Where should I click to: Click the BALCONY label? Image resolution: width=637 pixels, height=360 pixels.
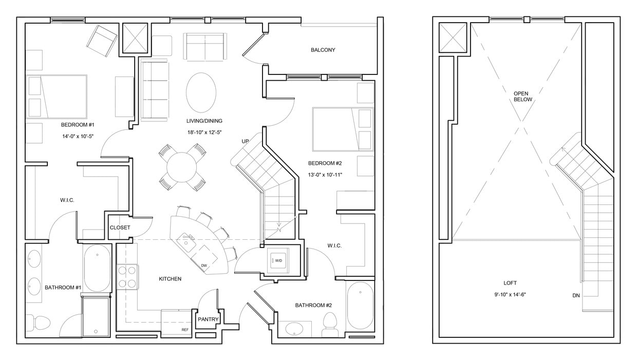[323, 50]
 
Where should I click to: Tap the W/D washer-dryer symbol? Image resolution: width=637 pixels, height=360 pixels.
[278, 260]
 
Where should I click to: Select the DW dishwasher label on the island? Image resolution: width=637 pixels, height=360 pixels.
[204, 266]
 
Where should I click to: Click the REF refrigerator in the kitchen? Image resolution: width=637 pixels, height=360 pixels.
[177, 321]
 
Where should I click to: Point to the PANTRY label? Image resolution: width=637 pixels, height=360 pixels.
[208, 319]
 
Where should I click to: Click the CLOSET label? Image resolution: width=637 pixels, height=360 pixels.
[120, 228]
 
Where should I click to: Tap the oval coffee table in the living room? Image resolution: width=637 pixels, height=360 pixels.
[201, 92]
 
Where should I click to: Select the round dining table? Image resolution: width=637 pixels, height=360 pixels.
[181, 166]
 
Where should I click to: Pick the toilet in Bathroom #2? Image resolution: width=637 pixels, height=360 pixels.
[329, 324]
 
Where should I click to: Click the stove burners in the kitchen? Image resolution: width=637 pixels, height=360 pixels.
[126, 277]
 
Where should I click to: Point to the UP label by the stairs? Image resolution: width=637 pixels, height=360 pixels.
[246, 141]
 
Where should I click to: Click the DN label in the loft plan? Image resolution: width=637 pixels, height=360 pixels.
[576, 295]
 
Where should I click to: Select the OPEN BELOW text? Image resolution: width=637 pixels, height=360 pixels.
[523, 97]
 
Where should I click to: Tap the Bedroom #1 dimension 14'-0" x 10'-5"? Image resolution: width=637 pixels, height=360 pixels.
[77, 136]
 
